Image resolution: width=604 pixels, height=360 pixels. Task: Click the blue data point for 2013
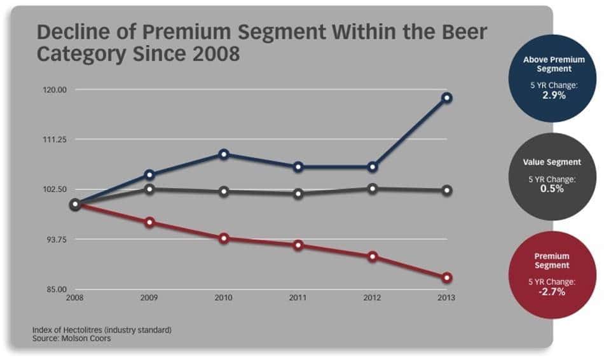click(x=447, y=98)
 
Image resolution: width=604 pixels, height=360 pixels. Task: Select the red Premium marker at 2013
click(x=447, y=278)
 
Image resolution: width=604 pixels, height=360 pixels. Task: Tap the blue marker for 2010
click(x=224, y=154)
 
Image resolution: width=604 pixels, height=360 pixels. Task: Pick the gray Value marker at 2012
click(x=373, y=188)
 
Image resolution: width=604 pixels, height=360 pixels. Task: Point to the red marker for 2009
click(x=149, y=222)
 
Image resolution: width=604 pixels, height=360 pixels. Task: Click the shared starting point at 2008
click(x=75, y=205)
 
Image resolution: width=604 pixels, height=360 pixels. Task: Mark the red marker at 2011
click(x=298, y=245)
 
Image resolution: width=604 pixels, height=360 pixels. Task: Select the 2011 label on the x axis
click(x=298, y=297)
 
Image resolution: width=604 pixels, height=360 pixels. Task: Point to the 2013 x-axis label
click(x=446, y=297)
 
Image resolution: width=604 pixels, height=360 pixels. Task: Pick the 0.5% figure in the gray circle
click(x=552, y=189)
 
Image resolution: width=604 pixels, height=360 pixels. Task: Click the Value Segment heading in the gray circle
click(x=552, y=162)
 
